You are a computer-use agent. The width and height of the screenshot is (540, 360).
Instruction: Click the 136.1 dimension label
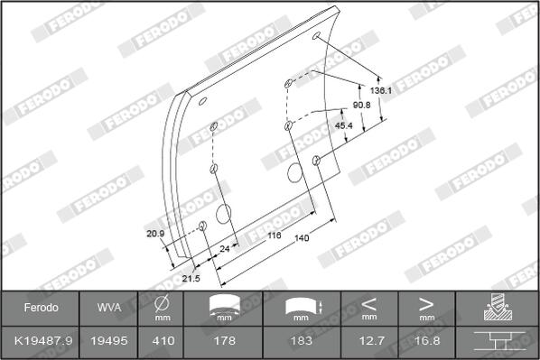381,90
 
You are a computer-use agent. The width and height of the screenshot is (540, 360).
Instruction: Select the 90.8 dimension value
361,105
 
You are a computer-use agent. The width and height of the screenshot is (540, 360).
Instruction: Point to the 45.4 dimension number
344,125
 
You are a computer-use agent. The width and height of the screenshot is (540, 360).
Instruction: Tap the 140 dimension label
302,238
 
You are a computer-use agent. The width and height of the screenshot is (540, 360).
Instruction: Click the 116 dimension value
275,235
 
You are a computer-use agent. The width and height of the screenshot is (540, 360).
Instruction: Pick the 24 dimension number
225,248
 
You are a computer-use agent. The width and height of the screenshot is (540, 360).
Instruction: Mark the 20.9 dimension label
155,234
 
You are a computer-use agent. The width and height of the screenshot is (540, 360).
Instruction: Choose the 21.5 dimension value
191,278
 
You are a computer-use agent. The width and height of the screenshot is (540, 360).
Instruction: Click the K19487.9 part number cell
43,341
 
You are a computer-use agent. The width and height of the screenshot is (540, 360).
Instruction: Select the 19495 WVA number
109,341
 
